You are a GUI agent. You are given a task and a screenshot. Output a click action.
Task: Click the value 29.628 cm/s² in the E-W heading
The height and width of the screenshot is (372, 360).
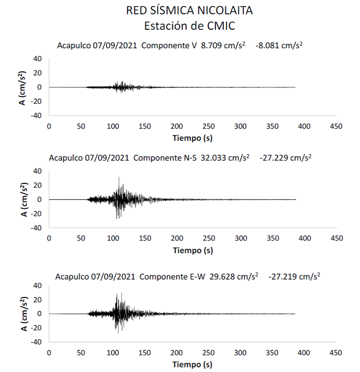pyautogui.click(x=235, y=276)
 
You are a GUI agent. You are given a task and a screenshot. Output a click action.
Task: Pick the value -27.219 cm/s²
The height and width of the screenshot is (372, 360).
pyautogui.click(x=294, y=276)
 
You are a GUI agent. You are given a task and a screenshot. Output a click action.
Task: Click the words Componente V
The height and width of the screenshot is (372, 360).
pyautogui.click(x=170, y=46)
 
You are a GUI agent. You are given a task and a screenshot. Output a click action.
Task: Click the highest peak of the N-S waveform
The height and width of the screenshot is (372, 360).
pyautogui.click(x=119, y=177)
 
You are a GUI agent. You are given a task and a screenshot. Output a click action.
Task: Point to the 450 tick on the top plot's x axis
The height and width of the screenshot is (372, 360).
pyautogui.click(x=336, y=126)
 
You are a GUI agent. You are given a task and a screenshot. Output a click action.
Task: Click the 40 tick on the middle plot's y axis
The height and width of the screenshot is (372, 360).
pyautogui.click(x=37, y=171)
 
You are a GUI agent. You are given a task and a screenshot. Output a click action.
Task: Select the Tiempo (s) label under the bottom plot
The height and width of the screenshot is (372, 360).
pyautogui.click(x=192, y=364)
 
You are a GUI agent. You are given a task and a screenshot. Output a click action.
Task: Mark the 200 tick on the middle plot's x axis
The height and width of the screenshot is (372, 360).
pyautogui.click(x=176, y=238)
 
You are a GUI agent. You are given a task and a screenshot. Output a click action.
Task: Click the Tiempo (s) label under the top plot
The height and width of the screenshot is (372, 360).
pyautogui.click(x=192, y=138)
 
